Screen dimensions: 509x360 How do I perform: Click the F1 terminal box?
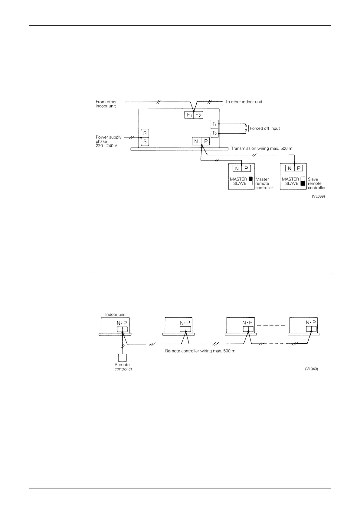click(x=189, y=115)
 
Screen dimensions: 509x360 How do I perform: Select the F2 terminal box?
click(x=198, y=115)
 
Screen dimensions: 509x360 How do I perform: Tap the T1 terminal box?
click(x=214, y=124)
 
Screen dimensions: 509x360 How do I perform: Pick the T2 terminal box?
click(x=214, y=133)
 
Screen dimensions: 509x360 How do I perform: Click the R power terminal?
click(x=145, y=133)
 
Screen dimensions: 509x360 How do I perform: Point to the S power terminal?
click(x=145, y=141)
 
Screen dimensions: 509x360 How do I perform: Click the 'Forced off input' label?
click(x=265, y=128)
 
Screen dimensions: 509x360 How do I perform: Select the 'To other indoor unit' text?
click(x=244, y=102)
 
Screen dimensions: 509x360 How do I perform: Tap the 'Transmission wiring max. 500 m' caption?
click(x=262, y=149)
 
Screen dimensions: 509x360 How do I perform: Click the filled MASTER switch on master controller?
click(x=250, y=179)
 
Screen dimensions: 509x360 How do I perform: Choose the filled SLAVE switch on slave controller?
click(x=303, y=183)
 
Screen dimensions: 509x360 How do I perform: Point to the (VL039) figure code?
click(x=319, y=196)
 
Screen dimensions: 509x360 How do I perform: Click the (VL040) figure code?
click(x=312, y=369)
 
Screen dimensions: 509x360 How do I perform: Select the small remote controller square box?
click(x=122, y=358)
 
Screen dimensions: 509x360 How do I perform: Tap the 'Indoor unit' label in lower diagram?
click(x=115, y=314)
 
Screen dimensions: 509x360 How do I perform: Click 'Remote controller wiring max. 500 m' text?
click(x=200, y=351)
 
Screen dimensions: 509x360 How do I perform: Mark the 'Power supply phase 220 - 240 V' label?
click(x=108, y=141)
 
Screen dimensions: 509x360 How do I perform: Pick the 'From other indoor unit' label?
click(x=106, y=104)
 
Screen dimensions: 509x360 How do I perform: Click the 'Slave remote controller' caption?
click(x=316, y=183)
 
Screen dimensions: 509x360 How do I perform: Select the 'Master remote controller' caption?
click(x=264, y=183)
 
